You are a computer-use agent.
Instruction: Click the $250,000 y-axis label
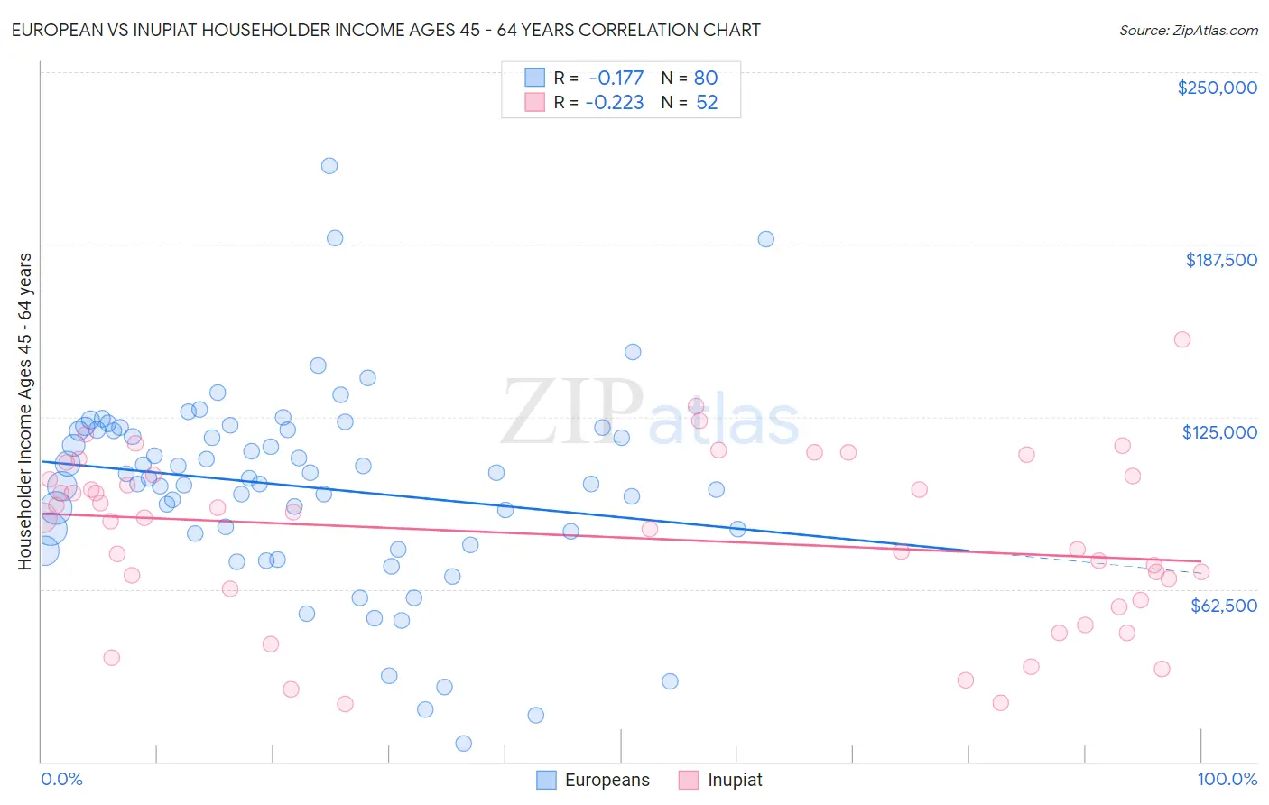tap(1217, 88)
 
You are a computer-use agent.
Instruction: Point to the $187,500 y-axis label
tap(1220, 260)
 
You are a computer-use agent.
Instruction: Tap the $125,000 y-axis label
tap(1219, 432)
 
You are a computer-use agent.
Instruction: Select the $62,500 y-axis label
tap(1223, 606)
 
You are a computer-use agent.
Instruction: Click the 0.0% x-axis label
tap(61, 779)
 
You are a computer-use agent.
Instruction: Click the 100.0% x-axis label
tap(1227, 779)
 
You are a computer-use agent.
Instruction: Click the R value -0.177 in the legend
tap(616, 78)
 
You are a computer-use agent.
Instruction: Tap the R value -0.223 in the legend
tap(614, 102)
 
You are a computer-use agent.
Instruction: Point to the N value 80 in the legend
tap(705, 78)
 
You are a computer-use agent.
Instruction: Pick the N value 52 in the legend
tap(706, 102)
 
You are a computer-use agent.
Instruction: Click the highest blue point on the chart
tap(329, 166)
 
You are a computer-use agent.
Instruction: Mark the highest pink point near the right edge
tap(1182, 339)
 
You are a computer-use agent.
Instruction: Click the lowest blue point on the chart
tap(464, 744)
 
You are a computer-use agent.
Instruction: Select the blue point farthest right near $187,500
tap(766, 239)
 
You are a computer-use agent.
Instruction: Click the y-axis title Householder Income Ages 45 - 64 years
tap(25, 412)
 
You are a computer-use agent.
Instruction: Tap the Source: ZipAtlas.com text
tap(1188, 31)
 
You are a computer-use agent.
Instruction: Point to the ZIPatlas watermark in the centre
tap(650, 413)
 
